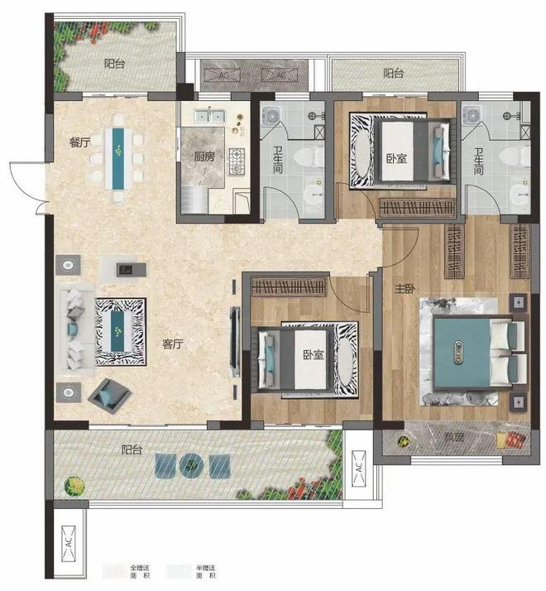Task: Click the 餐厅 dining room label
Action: coord(79,142)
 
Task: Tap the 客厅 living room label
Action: coord(173,344)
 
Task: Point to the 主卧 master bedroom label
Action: coord(405,289)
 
